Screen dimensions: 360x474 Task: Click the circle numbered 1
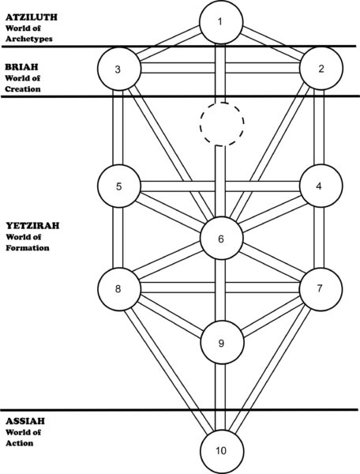221,22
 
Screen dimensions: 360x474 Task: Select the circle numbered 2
321,69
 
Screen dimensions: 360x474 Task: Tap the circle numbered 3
119,69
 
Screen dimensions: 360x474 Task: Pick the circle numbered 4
321,186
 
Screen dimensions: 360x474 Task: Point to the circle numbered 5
119,186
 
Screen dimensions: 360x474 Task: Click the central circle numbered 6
221,239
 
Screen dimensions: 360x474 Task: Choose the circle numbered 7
321,289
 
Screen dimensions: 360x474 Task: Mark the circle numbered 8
119,289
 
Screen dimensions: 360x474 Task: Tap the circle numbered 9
222,343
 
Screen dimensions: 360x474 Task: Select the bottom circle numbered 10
222,452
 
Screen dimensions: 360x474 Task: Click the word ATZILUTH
32,17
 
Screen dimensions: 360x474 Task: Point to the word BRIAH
22,67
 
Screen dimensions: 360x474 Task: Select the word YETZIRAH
32,226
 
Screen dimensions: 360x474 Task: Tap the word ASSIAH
25,421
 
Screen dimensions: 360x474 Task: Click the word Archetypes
29,39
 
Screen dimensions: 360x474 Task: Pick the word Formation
28,248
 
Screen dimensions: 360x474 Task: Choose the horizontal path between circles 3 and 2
220,68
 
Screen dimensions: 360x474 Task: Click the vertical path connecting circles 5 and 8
118,238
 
